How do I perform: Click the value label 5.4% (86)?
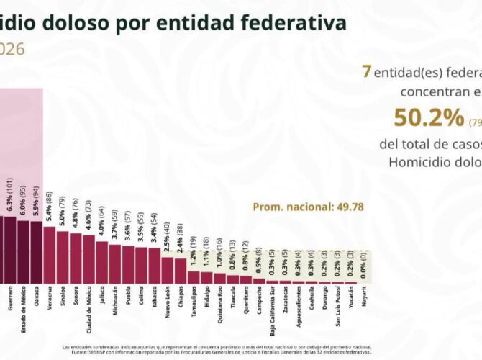click(49, 207)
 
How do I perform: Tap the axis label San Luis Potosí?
click(336, 309)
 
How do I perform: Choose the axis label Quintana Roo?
click(219, 305)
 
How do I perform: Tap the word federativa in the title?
click(288, 23)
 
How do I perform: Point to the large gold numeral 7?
click(367, 71)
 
